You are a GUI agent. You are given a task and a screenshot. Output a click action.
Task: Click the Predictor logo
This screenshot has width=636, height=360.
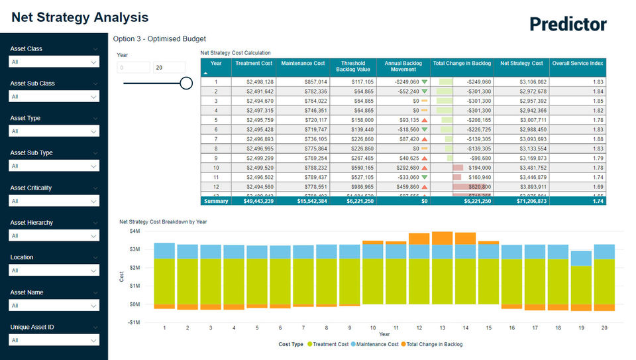click(x=568, y=25)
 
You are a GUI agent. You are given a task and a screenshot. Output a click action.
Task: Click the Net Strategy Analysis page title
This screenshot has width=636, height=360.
click(x=80, y=18)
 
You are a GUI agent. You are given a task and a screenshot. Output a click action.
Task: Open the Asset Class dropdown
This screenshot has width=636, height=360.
click(x=54, y=62)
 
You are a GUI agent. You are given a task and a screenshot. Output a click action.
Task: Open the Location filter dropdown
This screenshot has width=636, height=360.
click(x=54, y=270)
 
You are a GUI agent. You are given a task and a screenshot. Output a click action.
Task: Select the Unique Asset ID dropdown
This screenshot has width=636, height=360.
click(x=54, y=340)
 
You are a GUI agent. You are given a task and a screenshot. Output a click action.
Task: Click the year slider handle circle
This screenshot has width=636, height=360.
click(x=186, y=83)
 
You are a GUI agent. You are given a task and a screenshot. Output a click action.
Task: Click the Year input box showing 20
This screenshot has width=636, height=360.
click(x=169, y=68)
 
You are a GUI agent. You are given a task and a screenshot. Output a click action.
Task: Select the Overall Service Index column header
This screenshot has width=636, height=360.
click(x=577, y=63)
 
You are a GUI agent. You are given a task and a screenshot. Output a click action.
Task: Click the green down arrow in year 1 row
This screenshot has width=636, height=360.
click(x=425, y=82)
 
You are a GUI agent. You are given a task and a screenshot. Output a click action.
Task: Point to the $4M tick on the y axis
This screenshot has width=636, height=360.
click(x=134, y=231)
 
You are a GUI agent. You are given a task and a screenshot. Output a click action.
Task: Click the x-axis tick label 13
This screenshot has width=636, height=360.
click(x=442, y=328)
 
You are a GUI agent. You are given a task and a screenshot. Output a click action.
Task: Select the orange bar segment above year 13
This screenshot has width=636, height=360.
click(x=442, y=238)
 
